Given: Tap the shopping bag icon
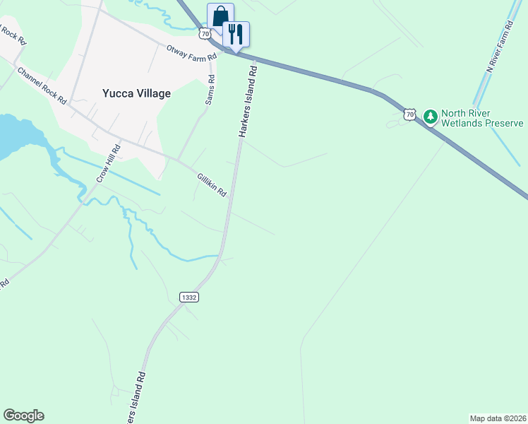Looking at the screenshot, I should (x=220, y=15).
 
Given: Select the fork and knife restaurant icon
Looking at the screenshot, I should (x=236, y=33).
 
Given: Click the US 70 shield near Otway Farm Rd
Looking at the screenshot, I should (x=205, y=33).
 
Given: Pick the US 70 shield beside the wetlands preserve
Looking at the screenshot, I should (x=410, y=114).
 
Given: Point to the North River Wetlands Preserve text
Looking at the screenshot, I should (x=481, y=118).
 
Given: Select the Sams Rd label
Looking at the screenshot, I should (x=210, y=89).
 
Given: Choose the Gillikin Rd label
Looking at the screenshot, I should (x=211, y=184).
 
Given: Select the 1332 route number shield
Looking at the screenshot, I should (x=188, y=298).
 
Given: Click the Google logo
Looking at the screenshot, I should (x=23, y=416).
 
